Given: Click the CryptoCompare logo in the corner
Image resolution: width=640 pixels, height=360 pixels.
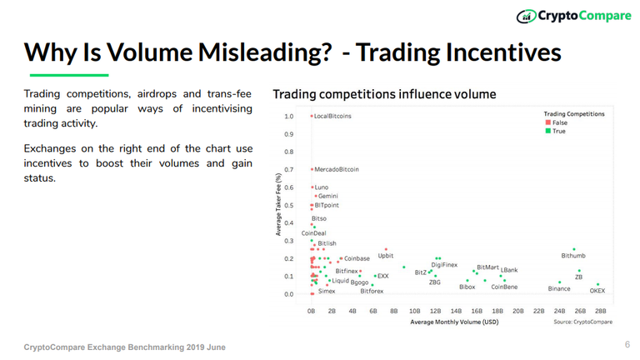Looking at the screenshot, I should tap(572, 15).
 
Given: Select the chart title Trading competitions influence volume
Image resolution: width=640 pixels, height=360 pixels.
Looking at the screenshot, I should tap(384, 94).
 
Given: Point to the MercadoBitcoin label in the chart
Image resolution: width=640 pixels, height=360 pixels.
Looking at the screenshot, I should tap(337, 169).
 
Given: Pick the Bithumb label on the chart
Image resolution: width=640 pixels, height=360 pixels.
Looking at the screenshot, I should tap(573, 256).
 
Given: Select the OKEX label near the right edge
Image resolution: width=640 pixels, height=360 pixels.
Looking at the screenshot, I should tap(597, 291).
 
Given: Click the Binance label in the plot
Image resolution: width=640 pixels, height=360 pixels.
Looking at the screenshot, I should tap(559, 288).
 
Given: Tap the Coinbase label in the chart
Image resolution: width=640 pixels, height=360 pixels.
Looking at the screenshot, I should tap(357, 259).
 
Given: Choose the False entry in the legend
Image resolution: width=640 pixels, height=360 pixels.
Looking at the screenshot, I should tap(558, 122).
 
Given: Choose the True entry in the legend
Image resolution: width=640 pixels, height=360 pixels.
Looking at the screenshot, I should tap(557, 131).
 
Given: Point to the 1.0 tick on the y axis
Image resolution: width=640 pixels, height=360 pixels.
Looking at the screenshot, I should tap(288, 117).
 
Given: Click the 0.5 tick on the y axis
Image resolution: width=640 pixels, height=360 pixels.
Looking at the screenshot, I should tap(288, 206).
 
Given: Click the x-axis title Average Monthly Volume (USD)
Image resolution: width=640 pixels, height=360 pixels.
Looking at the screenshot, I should tap(454, 322).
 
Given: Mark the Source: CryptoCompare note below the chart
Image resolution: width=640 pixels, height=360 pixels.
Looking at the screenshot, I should tap(582, 322).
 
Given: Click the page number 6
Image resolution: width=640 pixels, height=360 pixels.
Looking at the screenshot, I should tap(627, 344).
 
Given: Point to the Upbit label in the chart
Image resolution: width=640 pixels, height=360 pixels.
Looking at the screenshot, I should tap(386, 256).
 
